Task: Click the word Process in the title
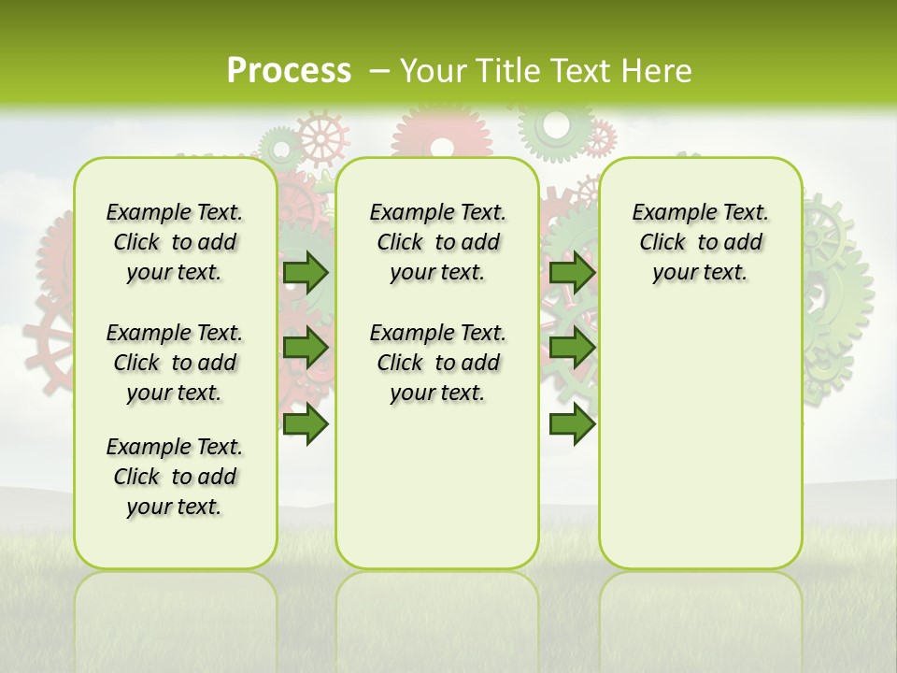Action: pos(289,70)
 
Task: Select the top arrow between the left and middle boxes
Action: pos(306,272)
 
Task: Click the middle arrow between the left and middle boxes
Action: pos(306,348)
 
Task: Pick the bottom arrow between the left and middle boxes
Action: pos(306,424)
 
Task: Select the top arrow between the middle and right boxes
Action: pos(573,272)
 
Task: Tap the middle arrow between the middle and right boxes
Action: pos(573,348)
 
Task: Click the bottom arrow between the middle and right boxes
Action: pos(573,424)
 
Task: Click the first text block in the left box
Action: pos(175,242)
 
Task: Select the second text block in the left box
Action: pos(175,363)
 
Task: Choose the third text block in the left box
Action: pos(175,477)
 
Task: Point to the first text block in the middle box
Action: pos(438,242)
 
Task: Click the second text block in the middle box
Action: pos(438,363)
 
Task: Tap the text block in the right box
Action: pos(701,242)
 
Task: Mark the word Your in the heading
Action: pos(435,70)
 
